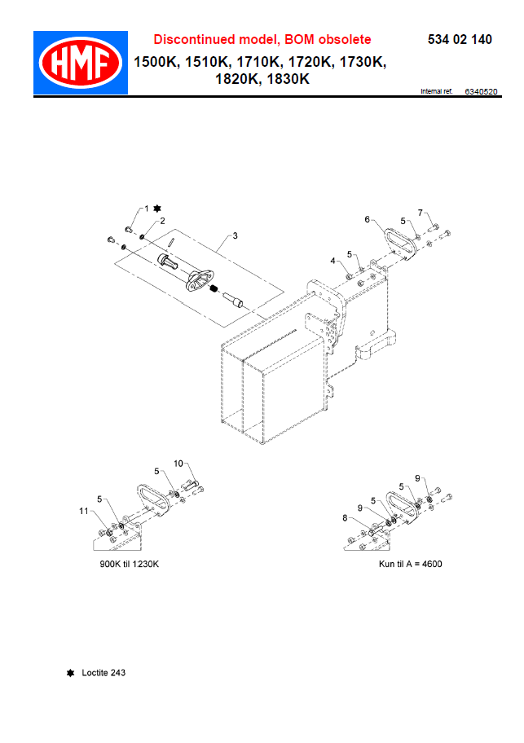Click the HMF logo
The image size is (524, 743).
click(80, 63)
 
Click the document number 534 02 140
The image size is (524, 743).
click(459, 40)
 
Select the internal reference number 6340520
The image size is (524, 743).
click(481, 92)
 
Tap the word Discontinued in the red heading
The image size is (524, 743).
click(194, 40)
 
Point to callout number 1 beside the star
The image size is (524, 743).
click(147, 209)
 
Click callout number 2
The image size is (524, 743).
click(162, 221)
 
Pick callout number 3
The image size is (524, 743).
click(235, 235)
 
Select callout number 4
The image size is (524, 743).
click(332, 261)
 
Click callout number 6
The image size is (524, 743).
click(367, 219)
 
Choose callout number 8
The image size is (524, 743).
click(345, 517)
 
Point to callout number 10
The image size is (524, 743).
click(178, 464)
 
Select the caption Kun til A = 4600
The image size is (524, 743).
click(410, 564)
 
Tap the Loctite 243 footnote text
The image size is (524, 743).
click(103, 673)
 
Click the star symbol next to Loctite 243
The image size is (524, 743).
click(71, 673)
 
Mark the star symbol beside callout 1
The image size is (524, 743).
click(157, 209)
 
